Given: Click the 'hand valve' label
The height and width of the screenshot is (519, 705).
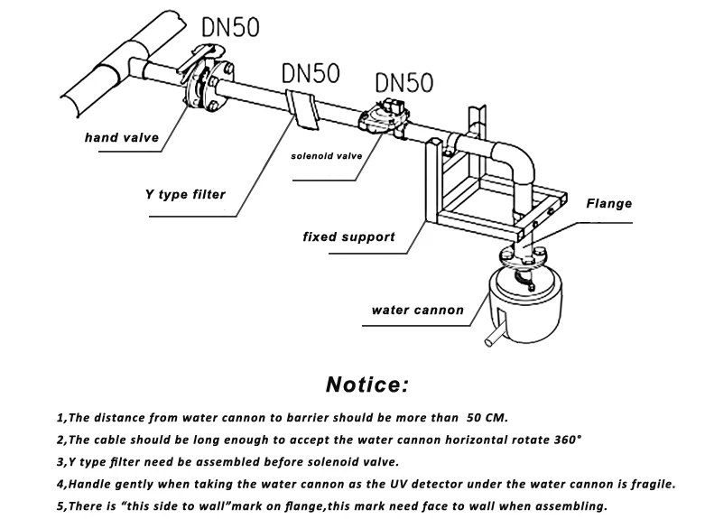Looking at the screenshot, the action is pos(122,137).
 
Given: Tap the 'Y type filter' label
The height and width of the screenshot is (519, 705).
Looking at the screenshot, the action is pos(185,195).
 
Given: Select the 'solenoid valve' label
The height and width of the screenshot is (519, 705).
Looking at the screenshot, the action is pos(327,156).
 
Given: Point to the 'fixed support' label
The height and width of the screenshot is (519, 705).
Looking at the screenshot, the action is pos(349,237).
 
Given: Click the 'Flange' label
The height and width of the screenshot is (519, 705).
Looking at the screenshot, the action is pos(608,204).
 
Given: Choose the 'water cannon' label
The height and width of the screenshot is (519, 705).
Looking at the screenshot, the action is pos(418,310).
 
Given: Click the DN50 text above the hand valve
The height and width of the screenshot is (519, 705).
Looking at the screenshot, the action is pos(231,27).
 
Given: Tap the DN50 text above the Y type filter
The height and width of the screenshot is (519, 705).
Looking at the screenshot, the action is pos(311,73).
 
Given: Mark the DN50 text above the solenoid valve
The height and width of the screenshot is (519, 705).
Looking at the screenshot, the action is pos(404,83).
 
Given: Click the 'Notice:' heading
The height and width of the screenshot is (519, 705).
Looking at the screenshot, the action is pos(367,385).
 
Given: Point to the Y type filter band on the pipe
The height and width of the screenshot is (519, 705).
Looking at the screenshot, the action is pos(302,109).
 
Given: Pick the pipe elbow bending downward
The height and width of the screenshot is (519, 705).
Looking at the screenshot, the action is pos(517,162).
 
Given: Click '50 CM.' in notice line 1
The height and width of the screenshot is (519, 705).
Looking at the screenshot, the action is pos(487,418).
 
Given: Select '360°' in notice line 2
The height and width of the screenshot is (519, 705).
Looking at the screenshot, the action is pos(568,440).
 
